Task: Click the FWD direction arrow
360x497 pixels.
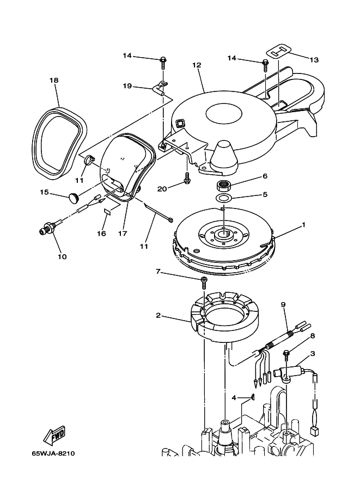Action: point(54,434)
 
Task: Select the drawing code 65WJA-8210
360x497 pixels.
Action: point(53,453)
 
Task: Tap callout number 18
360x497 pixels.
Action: point(54,80)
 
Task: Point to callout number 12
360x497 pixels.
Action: point(197,65)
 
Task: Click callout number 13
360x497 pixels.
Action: point(314,59)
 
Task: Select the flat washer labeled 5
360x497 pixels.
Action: point(224,198)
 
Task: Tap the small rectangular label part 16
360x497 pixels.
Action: point(107,212)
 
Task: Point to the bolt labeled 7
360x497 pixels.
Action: point(203,282)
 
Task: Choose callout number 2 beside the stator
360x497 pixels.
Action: point(158,315)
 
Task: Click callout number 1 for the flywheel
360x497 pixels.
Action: point(303,225)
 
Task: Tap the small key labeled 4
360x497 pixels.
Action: point(253,397)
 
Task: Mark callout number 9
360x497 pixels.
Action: point(283,305)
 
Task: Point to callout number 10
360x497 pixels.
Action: point(62,256)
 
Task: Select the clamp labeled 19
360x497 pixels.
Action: point(161,88)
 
